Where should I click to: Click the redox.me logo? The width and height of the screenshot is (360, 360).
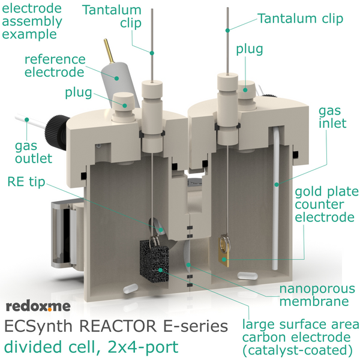point(38,306)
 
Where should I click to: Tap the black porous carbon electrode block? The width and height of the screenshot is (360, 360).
point(154,262)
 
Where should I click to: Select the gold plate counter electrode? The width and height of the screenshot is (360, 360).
point(224,251)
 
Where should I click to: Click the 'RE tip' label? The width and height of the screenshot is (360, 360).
point(26,182)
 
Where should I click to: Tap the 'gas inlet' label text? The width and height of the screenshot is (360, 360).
point(332,117)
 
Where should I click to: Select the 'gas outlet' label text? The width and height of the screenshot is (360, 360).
point(34,152)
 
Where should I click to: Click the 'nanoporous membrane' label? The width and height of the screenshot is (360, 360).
point(317,295)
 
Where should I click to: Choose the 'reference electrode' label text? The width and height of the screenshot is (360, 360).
point(55,66)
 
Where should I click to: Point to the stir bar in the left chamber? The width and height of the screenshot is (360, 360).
point(130,289)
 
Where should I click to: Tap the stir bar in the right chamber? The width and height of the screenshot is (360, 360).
point(247,275)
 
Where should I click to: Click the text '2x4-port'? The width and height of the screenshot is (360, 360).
point(143,347)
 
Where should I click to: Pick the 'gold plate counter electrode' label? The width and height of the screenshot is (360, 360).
point(327,205)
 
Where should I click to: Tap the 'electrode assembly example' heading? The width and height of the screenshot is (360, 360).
point(32,21)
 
